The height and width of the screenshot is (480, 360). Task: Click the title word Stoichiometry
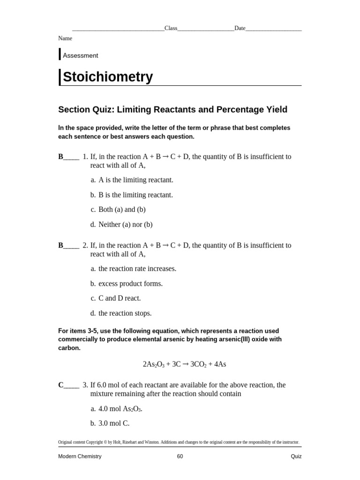click(108, 77)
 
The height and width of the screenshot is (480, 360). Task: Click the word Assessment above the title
click(80, 55)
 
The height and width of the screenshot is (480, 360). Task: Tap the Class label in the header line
click(171, 28)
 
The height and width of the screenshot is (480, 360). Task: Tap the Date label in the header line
click(240, 28)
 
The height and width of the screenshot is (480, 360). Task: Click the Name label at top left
click(65, 38)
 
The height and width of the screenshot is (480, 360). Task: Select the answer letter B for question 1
click(61, 157)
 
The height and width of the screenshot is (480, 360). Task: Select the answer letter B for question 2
click(61, 245)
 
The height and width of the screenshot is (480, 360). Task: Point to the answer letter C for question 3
click(61, 385)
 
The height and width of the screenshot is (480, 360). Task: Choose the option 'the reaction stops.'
click(125, 313)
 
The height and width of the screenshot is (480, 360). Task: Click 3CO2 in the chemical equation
click(196, 364)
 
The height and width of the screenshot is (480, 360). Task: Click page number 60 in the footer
click(180, 456)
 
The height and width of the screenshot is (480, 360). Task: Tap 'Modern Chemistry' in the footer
click(80, 456)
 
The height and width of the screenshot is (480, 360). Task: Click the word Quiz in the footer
click(296, 456)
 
